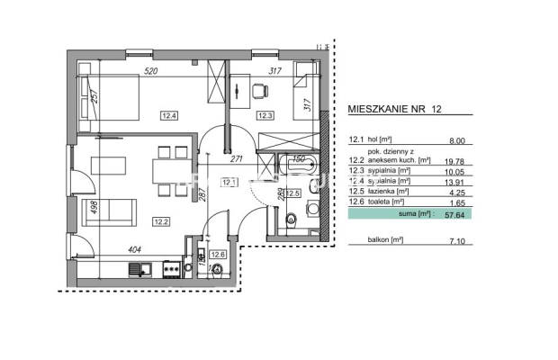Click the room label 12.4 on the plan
pos(170,114)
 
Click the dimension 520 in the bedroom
pos(152,70)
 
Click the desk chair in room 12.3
pos(259,90)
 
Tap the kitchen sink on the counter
pos(137,268)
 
